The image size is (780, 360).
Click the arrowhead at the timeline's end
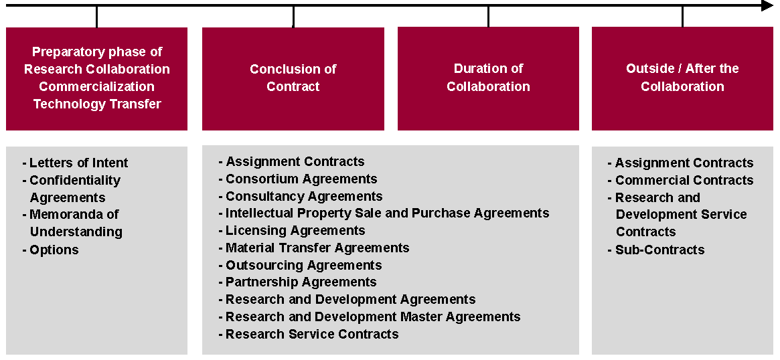(767, 6)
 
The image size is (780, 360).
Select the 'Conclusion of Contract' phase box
(293, 78)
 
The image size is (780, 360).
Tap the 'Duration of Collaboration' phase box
(488, 78)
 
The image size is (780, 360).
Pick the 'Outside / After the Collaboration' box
(682, 78)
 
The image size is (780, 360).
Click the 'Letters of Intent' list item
(78, 163)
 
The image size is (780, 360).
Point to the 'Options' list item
(54, 250)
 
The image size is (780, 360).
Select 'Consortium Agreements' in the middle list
(301, 179)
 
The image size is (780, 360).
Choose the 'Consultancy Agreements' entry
(304, 196)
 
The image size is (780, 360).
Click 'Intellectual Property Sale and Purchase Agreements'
(387, 213)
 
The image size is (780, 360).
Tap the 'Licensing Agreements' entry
(295, 230)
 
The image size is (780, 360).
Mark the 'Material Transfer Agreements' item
(317, 248)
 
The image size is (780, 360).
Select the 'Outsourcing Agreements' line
(303, 265)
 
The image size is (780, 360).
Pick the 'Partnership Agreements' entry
(301, 282)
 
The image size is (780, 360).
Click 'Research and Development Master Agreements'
(373, 317)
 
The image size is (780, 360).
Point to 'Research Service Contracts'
(312, 334)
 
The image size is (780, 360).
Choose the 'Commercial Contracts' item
(684, 180)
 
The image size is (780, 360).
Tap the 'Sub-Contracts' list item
(659, 250)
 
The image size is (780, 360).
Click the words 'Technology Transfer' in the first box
(97, 104)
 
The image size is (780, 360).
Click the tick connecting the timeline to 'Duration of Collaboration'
(488, 17)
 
